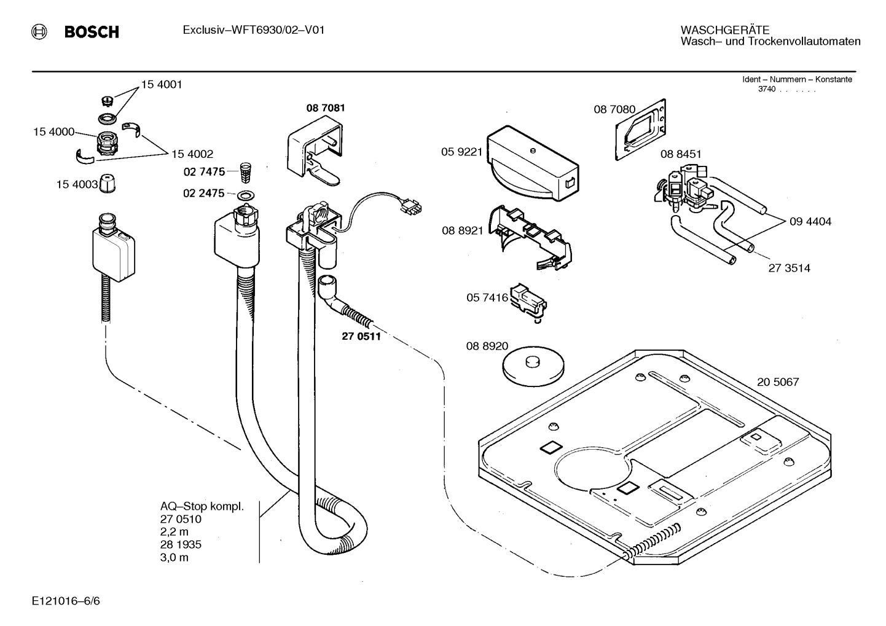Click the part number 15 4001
click(x=162, y=85)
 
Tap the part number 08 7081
click(x=326, y=108)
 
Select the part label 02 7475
click(x=204, y=171)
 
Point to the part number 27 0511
click(x=361, y=336)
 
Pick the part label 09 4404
click(x=810, y=221)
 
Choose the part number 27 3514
click(x=789, y=268)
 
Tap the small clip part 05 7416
click(x=528, y=301)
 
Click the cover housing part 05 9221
click(x=532, y=163)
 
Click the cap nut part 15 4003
click(x=109, y=184)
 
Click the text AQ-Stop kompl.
click(x=202, y=507)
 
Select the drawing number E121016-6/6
click(x=66, y=601)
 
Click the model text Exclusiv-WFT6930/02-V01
click(x=253, y=30)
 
